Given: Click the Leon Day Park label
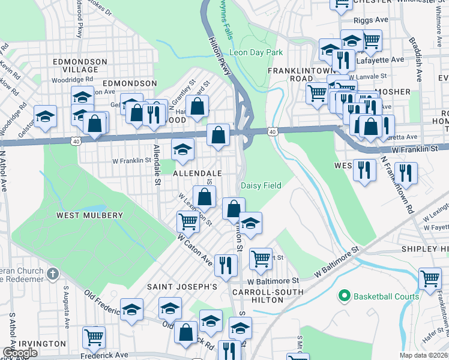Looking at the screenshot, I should tap(255, 53).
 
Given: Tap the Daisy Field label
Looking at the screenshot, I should tap(261, 186).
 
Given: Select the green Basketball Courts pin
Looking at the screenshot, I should tap(345, 296).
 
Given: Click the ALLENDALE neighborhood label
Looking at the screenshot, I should tap(181, 173).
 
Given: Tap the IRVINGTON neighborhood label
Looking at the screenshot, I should tap(41, 344).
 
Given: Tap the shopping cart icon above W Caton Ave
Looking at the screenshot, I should tap(188, 222).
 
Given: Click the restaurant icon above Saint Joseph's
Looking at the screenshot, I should tap(226, 264).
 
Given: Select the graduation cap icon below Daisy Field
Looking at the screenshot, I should tap(251, 223).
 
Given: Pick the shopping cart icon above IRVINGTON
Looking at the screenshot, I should tap(94, 337).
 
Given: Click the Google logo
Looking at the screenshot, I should tap(20, 353).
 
